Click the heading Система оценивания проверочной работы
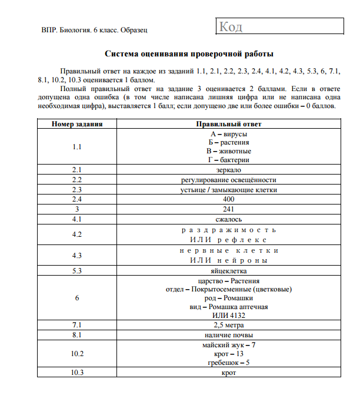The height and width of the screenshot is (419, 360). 189,54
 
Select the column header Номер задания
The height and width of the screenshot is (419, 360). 77,124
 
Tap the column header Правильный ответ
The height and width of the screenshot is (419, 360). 228,124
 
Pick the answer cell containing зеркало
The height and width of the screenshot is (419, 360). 228,170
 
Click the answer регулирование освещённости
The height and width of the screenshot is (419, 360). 228,180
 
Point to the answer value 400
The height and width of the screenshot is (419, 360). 228,199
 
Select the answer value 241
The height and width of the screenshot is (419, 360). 228,209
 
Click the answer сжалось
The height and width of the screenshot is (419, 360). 228,219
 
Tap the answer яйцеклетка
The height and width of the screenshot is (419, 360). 228,271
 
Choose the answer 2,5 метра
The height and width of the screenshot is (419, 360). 228,325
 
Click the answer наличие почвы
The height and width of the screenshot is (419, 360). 228,335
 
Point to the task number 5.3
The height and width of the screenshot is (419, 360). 77,271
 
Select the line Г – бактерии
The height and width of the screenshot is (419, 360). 228,160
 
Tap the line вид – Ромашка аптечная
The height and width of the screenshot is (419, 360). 228,307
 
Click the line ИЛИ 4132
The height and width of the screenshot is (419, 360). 228,316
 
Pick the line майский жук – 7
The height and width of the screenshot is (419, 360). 228,345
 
